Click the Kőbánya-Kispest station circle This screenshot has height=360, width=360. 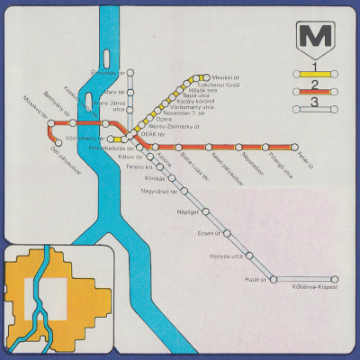(335, 279)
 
